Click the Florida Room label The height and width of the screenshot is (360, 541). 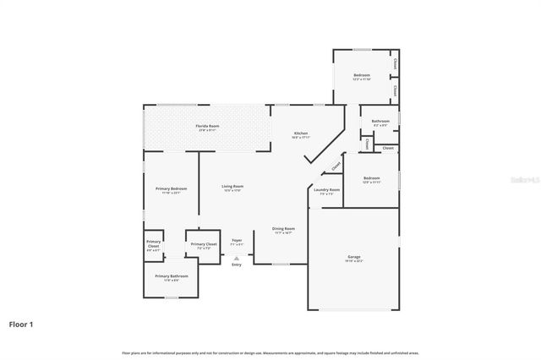coord(207,126)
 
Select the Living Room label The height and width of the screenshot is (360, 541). coord(232,187)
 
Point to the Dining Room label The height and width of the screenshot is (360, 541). coord(283,229)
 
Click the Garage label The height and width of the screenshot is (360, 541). coord(353,257)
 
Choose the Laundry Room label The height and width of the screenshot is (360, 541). coord(326,190)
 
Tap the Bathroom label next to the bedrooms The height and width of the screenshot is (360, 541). coord(380,122)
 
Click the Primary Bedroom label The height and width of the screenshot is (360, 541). coord(171,188)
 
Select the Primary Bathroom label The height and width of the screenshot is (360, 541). coord(171,276)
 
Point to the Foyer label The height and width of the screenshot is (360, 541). coord(237,240)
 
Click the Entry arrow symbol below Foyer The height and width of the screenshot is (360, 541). coord(237,258)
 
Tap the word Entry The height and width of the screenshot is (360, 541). coord(237,265)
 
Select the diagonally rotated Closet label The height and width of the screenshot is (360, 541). coord(336,166)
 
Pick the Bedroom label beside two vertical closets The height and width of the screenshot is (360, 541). coord(361,75)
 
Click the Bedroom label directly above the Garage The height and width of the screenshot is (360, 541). coord(372,178)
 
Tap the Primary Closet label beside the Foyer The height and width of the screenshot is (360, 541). coord(204,244)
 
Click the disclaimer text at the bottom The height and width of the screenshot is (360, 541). coord(270,352)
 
